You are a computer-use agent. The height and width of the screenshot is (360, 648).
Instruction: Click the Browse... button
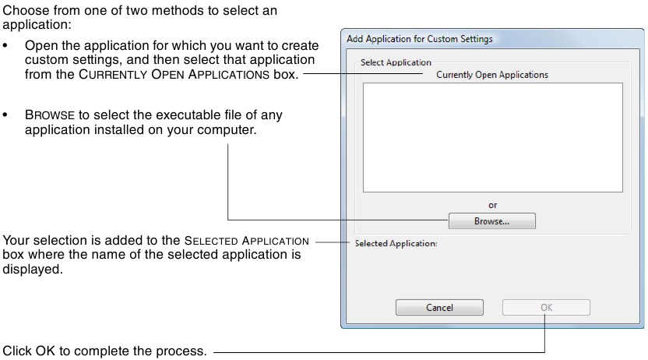[491, 221]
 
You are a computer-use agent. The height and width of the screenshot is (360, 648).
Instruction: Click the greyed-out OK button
[546, 307]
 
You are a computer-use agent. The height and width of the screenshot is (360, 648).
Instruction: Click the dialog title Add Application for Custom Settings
[419, 38]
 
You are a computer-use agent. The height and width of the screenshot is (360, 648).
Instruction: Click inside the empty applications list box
[492, 136]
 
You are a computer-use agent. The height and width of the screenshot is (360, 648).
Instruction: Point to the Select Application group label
[396, 62]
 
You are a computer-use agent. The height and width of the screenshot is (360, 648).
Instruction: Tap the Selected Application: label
[396, 243]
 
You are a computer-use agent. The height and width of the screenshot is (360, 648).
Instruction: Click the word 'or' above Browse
[492, 206]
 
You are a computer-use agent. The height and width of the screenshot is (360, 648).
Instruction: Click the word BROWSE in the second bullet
[49, 115]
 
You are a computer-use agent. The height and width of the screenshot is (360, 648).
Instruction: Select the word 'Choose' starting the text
[24, 10]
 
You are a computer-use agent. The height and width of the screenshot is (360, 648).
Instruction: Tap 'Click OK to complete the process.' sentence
[105, 351]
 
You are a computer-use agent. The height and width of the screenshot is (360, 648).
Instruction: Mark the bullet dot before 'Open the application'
[6, 47]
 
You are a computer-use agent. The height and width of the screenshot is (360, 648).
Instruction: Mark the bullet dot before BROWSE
[6, 115]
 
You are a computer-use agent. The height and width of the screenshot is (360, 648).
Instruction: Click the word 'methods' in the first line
[167, 10]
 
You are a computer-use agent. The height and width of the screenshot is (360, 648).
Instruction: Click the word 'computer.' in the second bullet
[230, 129]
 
